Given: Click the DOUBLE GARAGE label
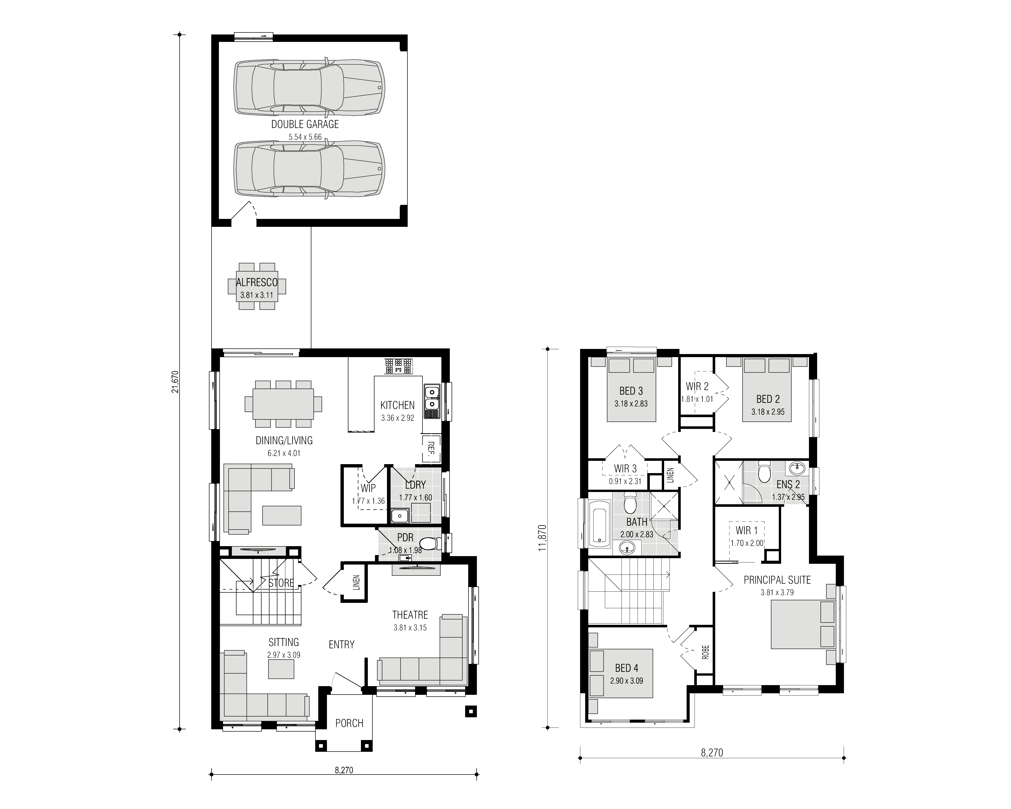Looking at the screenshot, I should (x=305, y=124).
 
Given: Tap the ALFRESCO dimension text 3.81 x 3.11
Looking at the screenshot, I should (x=256, y=296).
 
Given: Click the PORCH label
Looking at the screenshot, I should (x=349, y=723).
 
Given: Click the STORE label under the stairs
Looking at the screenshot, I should (x=281, y=583).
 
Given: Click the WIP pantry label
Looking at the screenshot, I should (x=368, y=488).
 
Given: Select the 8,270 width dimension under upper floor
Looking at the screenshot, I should (x=712, y=753).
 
